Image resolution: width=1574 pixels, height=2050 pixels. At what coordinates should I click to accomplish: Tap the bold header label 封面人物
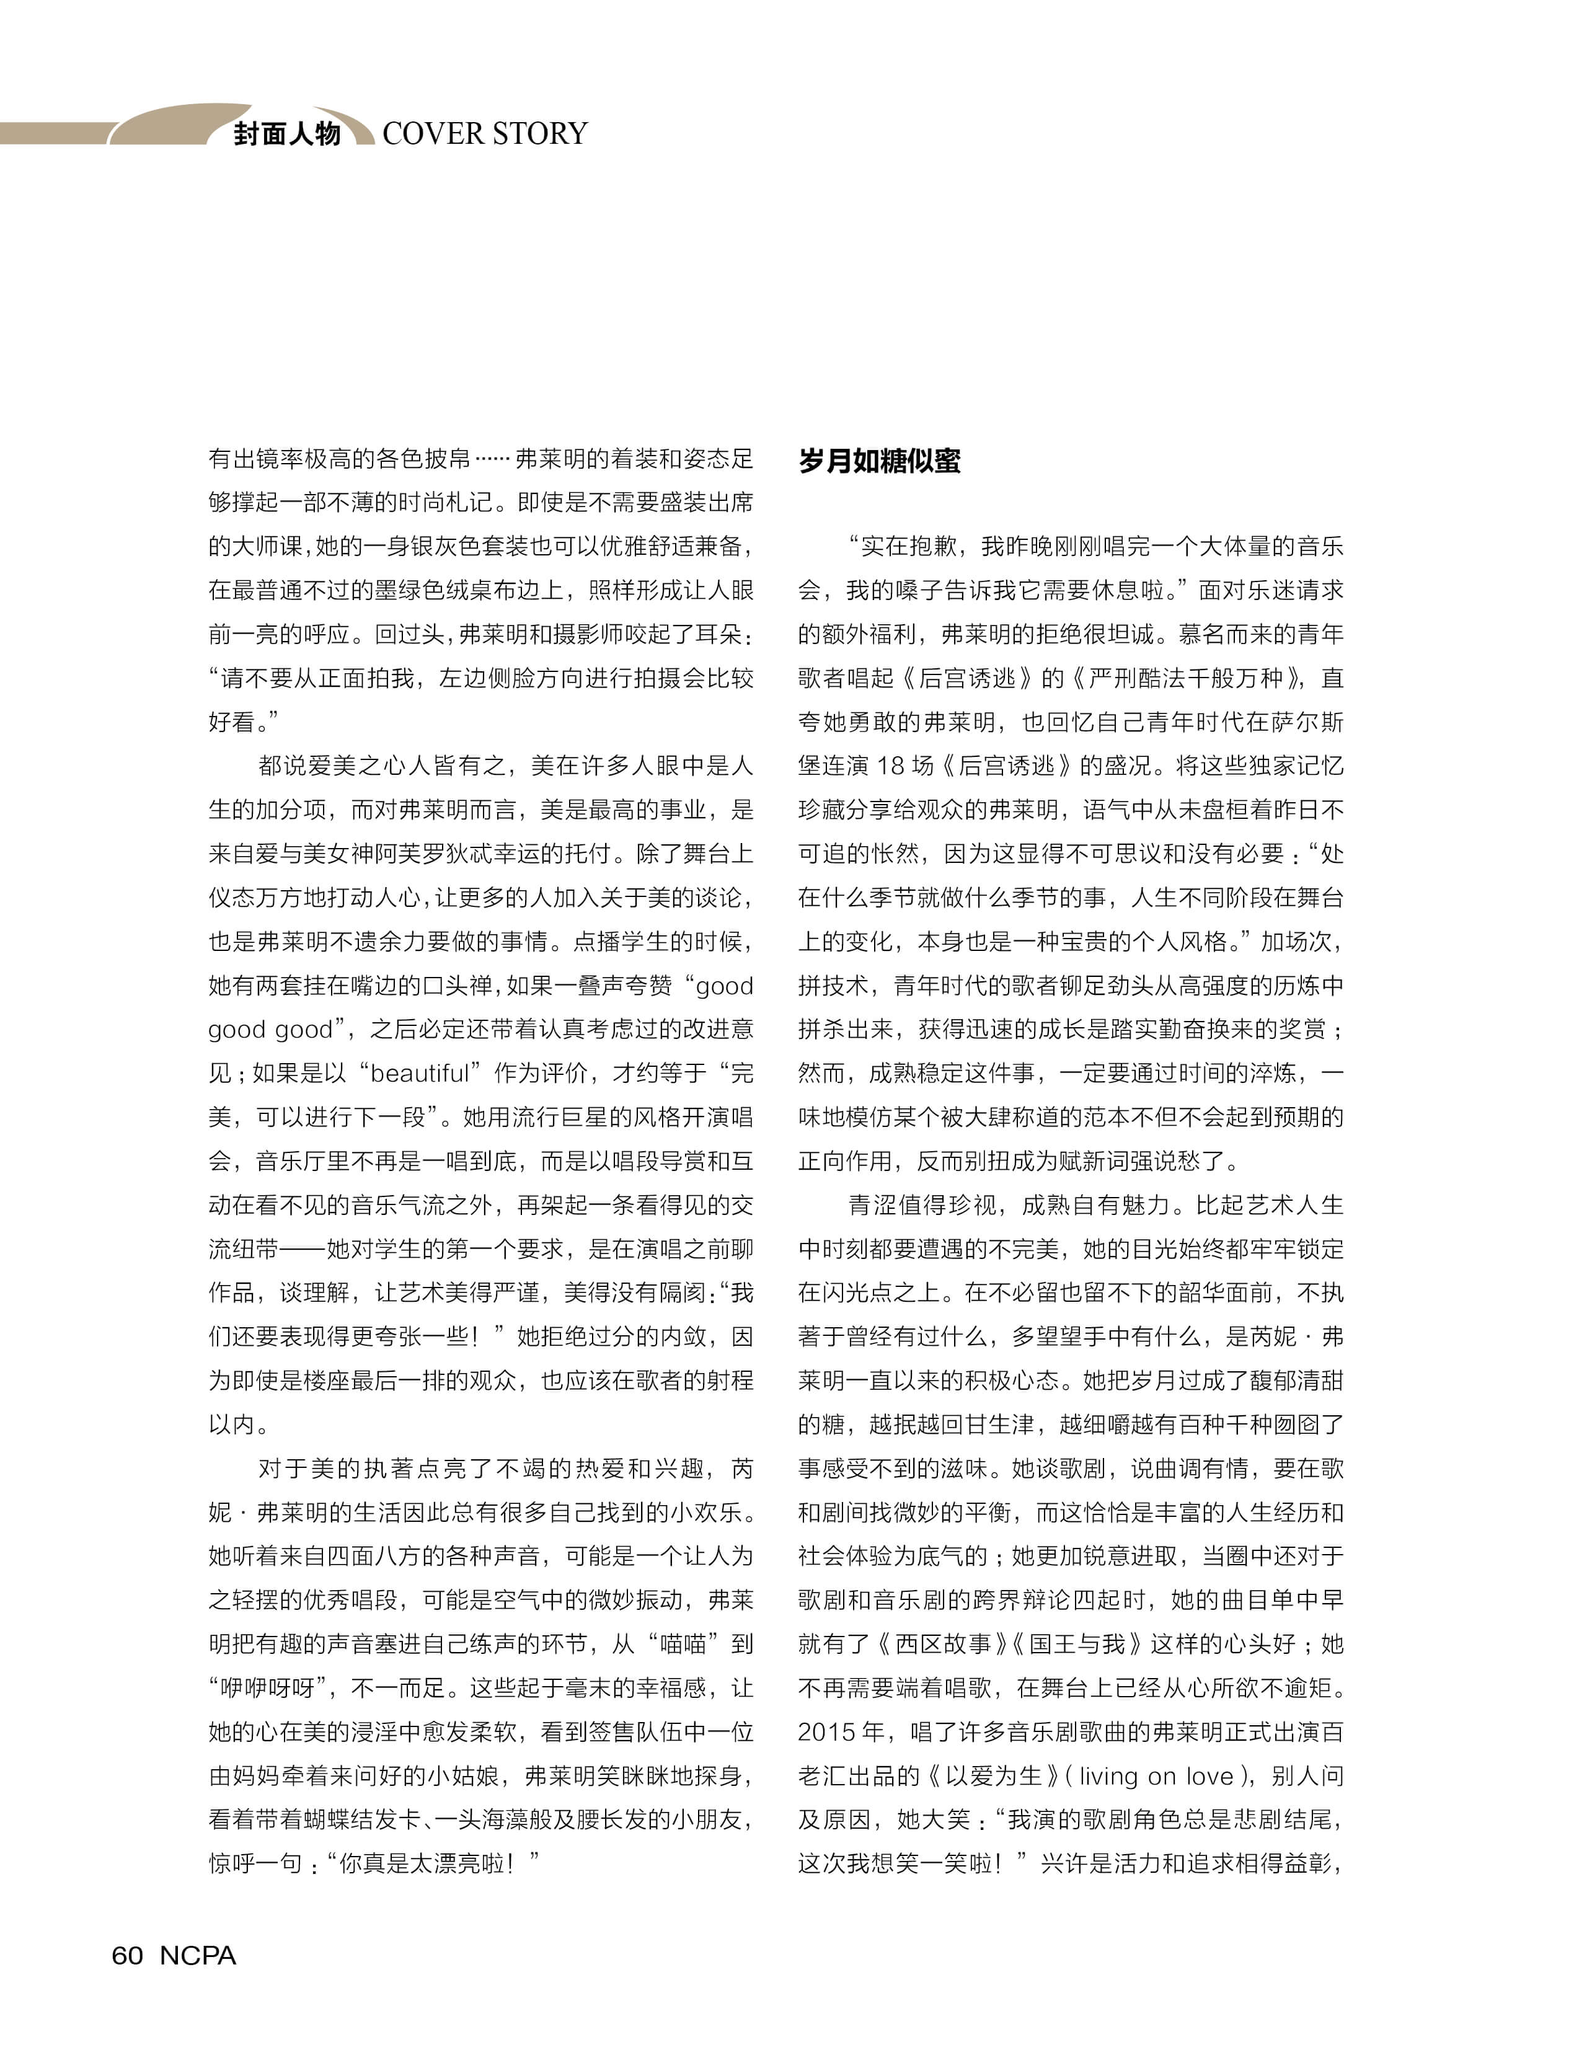286,133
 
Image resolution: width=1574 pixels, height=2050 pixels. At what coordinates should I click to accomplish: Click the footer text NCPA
198,1955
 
